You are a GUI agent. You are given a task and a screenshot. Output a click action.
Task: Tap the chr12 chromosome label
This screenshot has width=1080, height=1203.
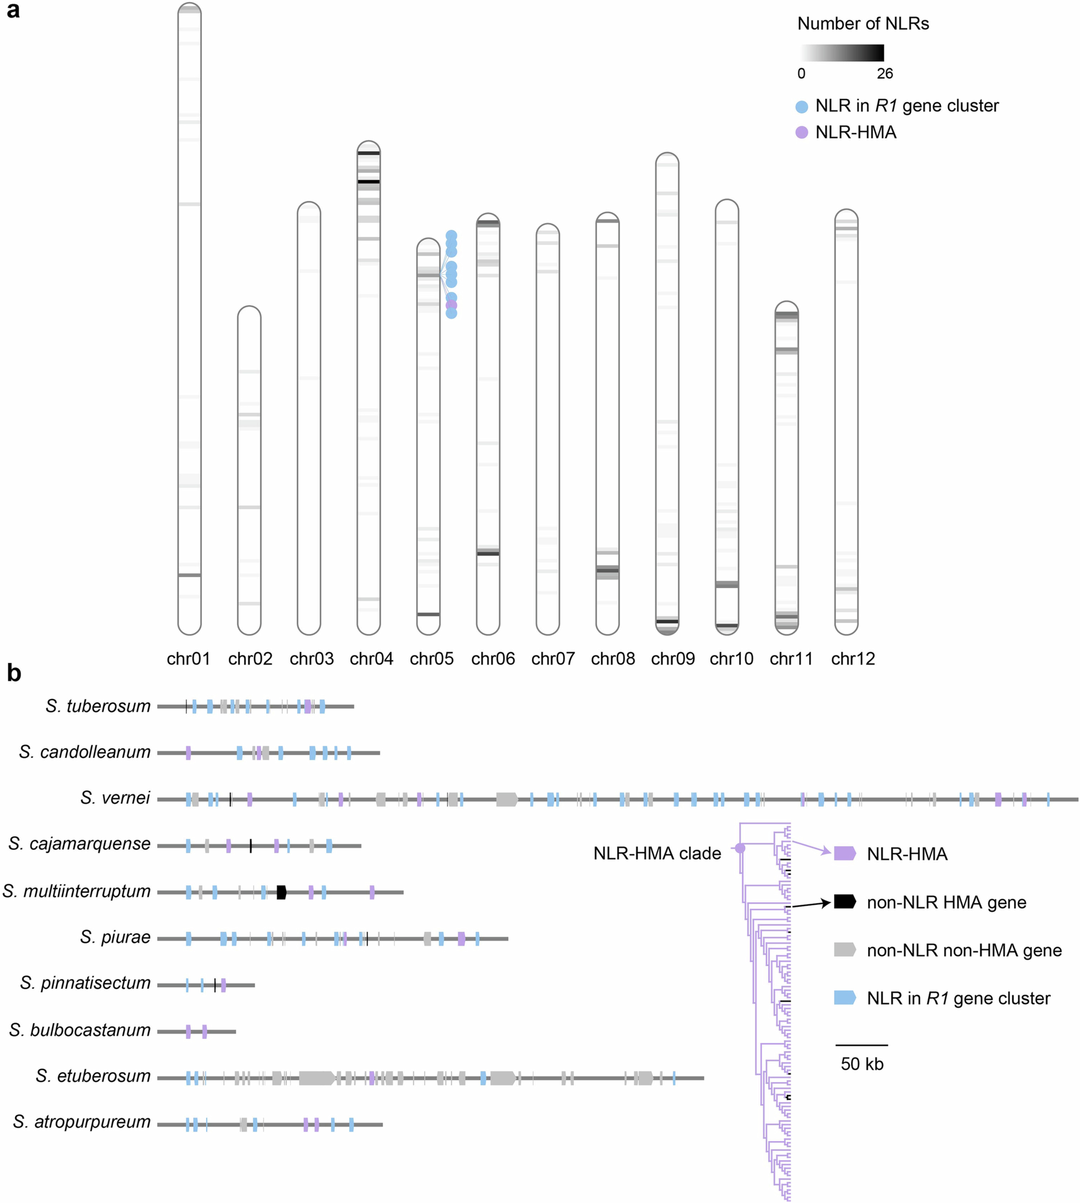pyautogui.click(x=853, y=659)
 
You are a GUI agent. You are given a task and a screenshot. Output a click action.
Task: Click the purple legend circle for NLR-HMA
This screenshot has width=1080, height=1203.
pyautogui.click(x=802, y=132)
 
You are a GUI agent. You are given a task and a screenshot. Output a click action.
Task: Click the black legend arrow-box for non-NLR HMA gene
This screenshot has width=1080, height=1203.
pyautogui.click(x=844, y=901)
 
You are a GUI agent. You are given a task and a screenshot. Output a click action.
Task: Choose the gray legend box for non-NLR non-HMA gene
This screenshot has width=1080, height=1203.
pyautogui.click(x=844, y=950)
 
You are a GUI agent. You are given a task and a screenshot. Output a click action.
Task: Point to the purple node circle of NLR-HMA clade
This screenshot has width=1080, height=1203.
pyautogui.click(x=740, y=849)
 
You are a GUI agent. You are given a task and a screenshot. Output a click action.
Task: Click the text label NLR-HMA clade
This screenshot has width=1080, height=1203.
pyautogui.click(x=657, y=853)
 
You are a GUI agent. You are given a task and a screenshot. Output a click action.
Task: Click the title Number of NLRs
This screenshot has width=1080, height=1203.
pyautogui.click(x=863, y=24)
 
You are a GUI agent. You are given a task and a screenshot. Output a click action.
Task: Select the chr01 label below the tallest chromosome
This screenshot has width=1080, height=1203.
pyautogui.click(x=189, y=659)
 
